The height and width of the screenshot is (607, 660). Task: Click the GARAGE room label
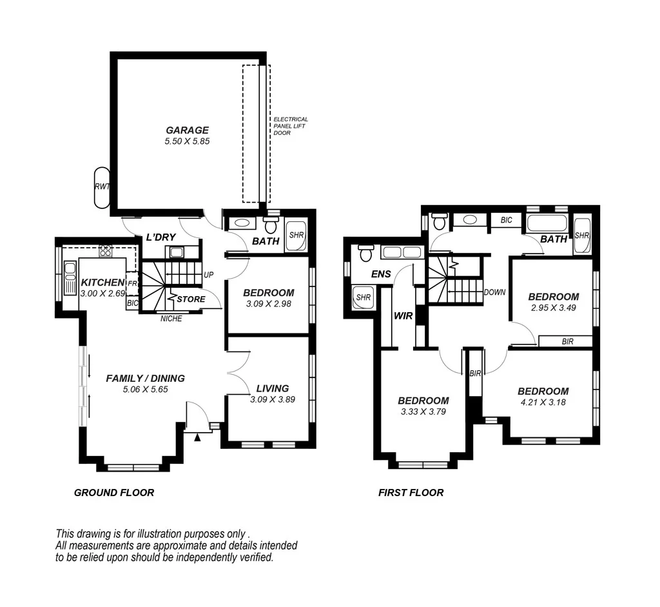click(188, 130)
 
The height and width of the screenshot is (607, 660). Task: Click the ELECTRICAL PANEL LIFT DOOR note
click(291, 126)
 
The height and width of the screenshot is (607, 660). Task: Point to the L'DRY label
click(160, 237)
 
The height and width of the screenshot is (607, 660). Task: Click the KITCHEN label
click(102, 283)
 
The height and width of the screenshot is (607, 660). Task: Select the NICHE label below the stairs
click(171, 318)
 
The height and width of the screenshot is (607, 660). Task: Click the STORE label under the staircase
click(191, 299)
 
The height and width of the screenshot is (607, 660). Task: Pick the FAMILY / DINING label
click(145, 379)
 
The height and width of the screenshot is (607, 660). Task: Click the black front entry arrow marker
click(199, 438)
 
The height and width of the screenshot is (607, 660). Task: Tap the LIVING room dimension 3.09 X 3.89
click(272, 399)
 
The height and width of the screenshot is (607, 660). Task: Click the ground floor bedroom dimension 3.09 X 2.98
click(269, 303)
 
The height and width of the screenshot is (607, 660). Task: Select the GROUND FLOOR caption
click(114, 493)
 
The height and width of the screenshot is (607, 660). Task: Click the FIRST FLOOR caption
click(411, 493)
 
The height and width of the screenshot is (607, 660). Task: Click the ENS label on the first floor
click(381, 274)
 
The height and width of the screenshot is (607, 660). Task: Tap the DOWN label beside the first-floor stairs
click(494, 292)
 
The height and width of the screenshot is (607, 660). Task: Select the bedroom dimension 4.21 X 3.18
click(543, 402)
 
